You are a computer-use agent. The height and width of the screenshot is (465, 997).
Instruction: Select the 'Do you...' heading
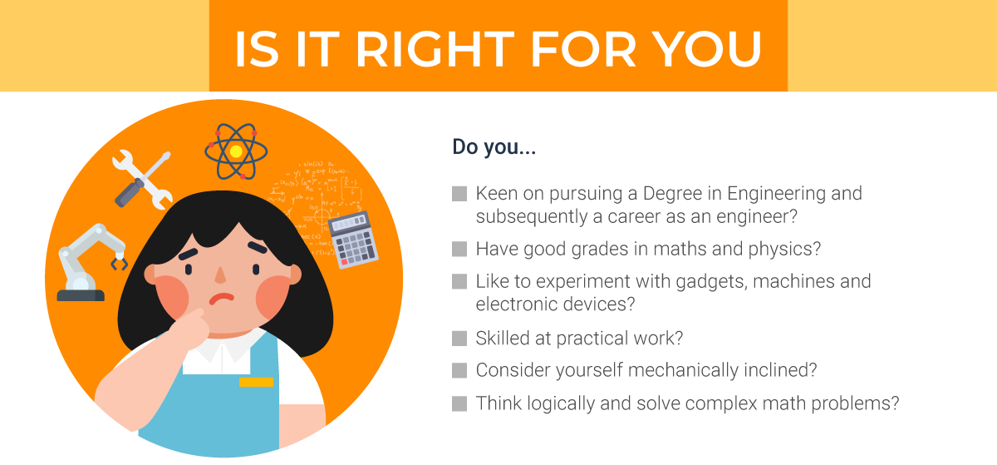pyautogui.click(x=494, y=147)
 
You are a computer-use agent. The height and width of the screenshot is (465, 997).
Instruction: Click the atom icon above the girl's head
pyautogui.click(x=237, y=151)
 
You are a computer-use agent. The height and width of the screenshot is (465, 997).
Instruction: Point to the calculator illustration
pyautogui.click(x=354, y=240)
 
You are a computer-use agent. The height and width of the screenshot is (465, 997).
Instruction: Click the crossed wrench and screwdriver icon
pyautogui.click(x=142, y=177)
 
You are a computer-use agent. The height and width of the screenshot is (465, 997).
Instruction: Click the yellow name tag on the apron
pyautogui.click(x=256, y=383)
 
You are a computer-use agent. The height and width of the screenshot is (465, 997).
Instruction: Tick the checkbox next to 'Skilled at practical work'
pyautogui.click(x=459, y=339)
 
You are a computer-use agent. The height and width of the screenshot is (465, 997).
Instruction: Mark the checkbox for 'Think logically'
pyautogui.click(x=459, y=404)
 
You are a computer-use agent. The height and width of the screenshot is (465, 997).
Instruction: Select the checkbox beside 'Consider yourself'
pyautogui.click(x=459, y=370)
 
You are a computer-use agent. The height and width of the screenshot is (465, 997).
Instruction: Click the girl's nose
pyautogui.click(x=220, y=274)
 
